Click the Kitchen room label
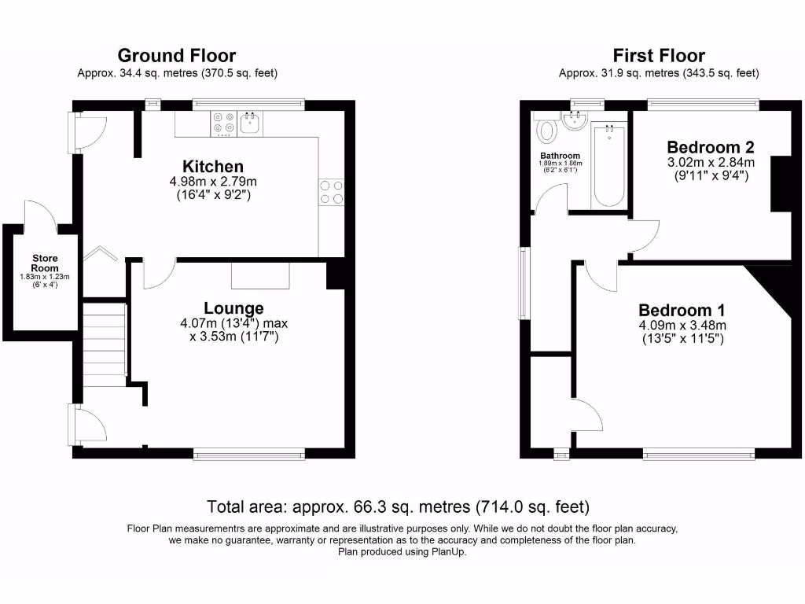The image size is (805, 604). tap(213, 167)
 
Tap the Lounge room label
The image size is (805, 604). tap(233, 308)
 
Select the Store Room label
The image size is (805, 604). tap(45, 263)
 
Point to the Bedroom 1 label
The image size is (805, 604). tap(682, 311)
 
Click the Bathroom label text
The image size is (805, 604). tap(560, 156)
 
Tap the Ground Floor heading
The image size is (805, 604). tap(177, 56)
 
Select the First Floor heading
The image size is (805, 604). tap(659, 56)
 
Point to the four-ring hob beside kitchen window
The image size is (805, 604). tap(223, 123)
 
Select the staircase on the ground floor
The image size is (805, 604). tap(104, 342)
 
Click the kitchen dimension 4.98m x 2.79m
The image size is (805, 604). tap(213, 182)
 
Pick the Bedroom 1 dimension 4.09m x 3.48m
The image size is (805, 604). tap(682, 326)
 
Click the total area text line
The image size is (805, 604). tap(398, 506)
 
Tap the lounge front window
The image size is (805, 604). tap(249, 453)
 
